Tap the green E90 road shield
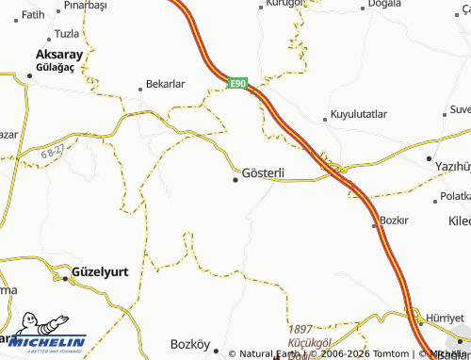[x=238, y=84]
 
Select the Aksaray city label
[x=59, y=55]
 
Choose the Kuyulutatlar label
[x=359, y=114]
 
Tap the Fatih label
[x=33, y=15]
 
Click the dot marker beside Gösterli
[x=235, y=179]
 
